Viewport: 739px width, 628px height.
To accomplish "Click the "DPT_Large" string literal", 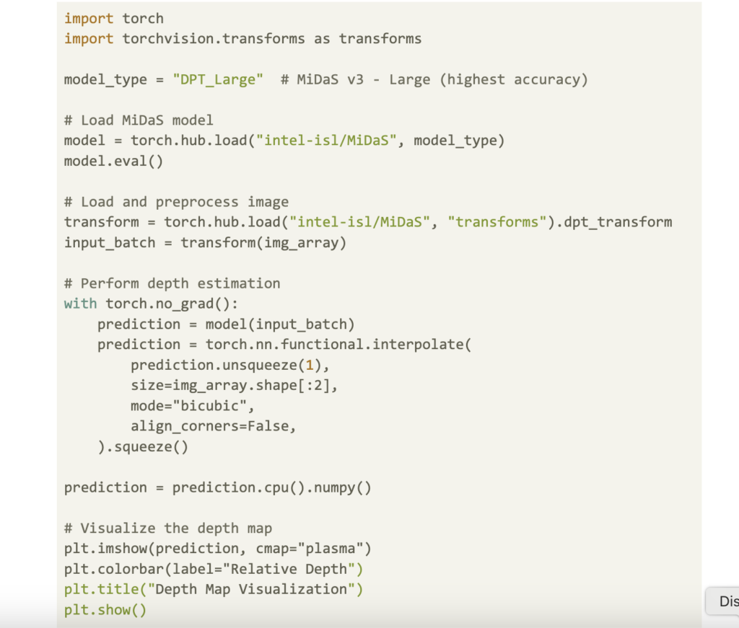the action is coord(218,79).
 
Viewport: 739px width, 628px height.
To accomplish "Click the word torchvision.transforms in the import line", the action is coord(214,39).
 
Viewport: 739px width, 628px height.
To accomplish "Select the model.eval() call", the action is coord(113,161).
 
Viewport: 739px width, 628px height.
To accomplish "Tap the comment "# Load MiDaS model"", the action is coord(139,120).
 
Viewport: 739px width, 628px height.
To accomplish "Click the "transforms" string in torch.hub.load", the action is coord(497,222).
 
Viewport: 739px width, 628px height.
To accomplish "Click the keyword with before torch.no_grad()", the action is coord(81,304).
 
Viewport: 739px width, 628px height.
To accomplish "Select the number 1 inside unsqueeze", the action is coord(310,366).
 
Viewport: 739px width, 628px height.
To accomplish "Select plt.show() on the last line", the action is coord(105,610).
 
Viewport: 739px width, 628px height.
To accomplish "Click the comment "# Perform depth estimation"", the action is coord(172,283).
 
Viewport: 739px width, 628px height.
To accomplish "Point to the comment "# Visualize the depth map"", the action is coord(167,529).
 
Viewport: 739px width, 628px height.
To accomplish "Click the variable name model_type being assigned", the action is coord(105,79).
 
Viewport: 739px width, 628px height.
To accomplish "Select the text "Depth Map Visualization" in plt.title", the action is coord(251,589).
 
